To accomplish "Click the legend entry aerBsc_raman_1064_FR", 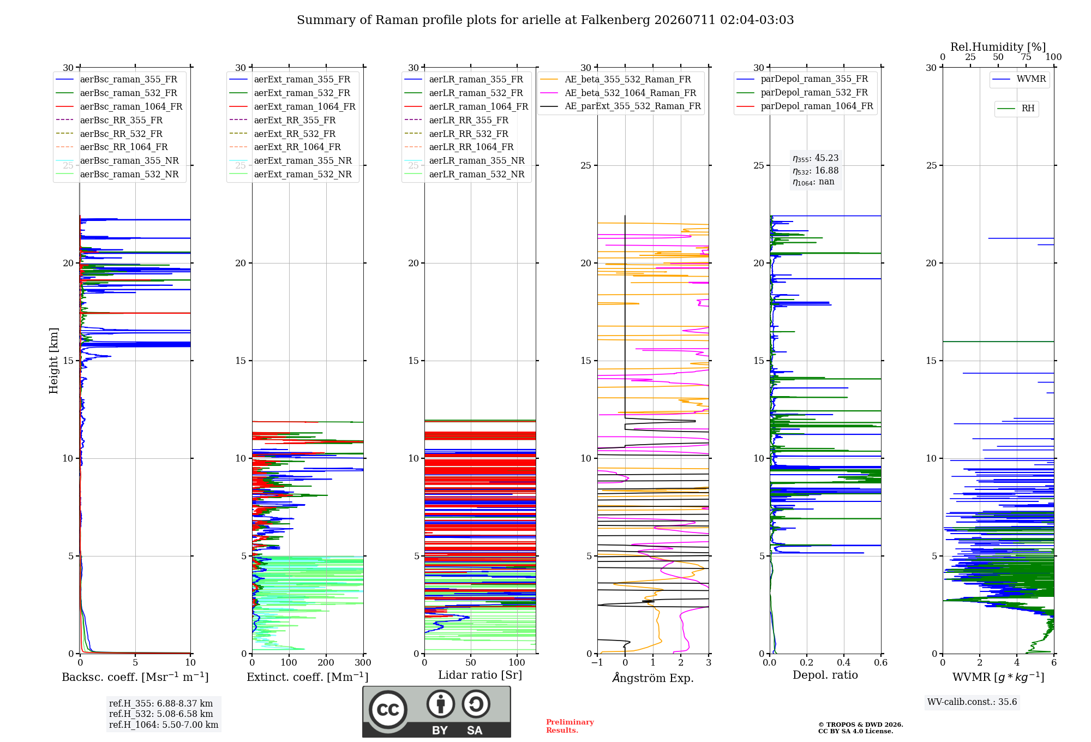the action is pyautogui.click(x=119, y=106).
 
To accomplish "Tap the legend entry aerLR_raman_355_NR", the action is pyautogui.click(x=465, y=160).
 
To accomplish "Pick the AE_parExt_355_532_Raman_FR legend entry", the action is pyautogui.click(x=621, y=106).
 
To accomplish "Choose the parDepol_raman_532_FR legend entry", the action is pyautogui.click(x=802, y=92).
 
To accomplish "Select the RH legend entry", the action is pyautogui.click(x=1016, y=109).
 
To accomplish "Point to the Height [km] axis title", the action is pyautogui.click(x=53, y=361).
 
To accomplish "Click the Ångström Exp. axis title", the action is pyautogui.click(x=653, y=678).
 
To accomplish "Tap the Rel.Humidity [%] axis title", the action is pyautogui.click(x=998, y=47).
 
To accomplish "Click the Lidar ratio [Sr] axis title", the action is pyautogui.click(x=480, y=675).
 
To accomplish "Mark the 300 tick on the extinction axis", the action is pyautogui.click(x=363, y=662).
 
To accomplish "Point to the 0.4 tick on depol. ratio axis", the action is pyautogui.click(x=844, y=662).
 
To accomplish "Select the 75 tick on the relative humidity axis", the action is pyautogui.click(x=1026, y=57).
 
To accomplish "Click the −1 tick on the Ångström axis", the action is pyautogui.click(x=597, y=662).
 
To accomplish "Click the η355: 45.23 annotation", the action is pyautogui.click(x=816, y=158).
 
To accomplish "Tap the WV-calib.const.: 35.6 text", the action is pyautogui.click(x=972, y=702).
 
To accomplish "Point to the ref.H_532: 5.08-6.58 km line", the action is pyautogui.click(x=161, y=714).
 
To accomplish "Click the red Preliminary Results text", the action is pyautogui.click(x=570, y=726).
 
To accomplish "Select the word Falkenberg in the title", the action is pyautogui.click(x=615, y=20).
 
